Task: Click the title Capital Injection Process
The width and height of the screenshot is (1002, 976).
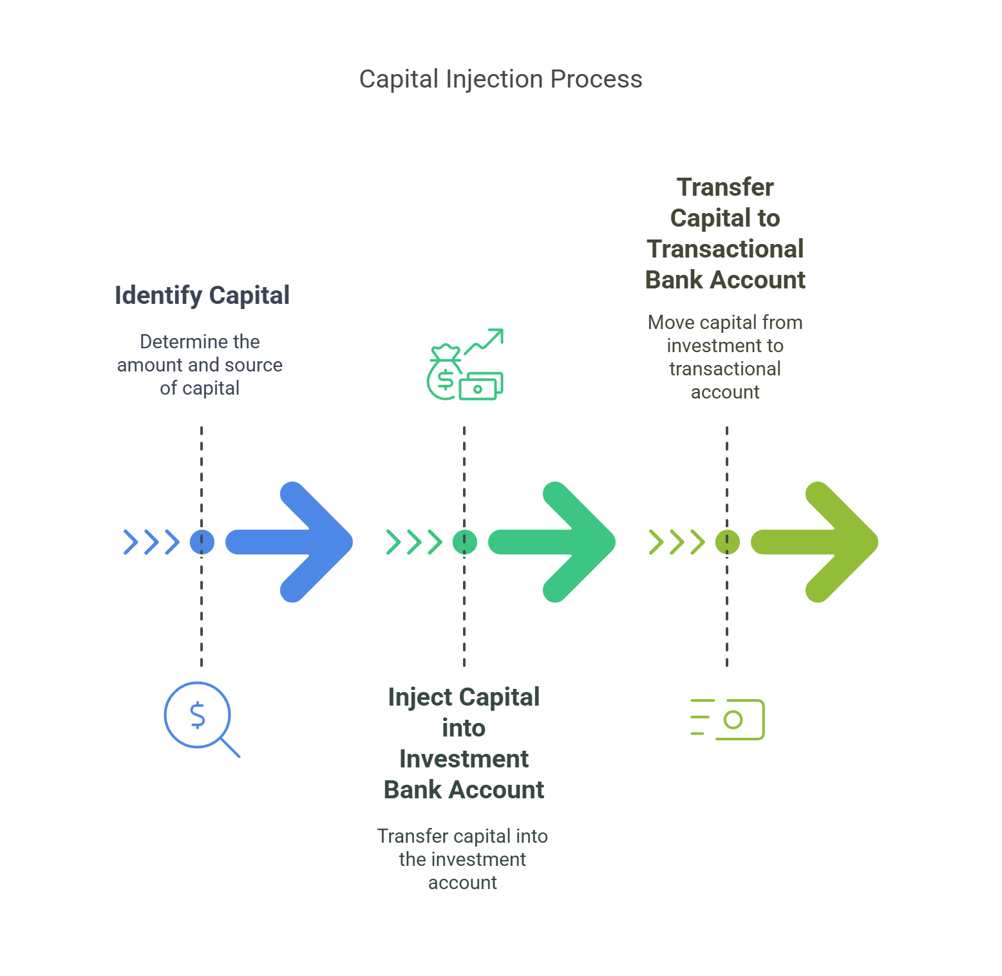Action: click(x=500, y=79)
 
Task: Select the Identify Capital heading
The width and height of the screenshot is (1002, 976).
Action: click(x=202, y=296)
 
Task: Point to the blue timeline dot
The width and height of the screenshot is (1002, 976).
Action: click(x=202, y=542)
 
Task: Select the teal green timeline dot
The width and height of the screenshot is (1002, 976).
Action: click(x=464, y=542)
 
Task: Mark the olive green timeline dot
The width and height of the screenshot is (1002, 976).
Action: click(x=727, y=542)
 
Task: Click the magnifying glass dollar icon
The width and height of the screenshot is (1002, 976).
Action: click(x=200, y=717)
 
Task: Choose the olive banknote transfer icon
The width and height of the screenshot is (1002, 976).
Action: click(x=728, y=719)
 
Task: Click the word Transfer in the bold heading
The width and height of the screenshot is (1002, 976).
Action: click(x=725, y=187)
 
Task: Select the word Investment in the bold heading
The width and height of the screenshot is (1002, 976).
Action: click(x=464, y=759)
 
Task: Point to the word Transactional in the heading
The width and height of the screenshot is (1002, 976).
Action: click(x=725, y=249)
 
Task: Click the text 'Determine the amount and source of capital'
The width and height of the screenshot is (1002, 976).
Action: click(x=200, y=365)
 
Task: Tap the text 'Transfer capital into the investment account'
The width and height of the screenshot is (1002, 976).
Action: click(x=462, y=859)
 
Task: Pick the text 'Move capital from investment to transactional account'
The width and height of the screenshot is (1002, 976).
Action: click(x=725, y=357)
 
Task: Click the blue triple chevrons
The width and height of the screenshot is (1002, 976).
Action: click(x=151, y=542)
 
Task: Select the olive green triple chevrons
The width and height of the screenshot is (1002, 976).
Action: click(x=677, y=542)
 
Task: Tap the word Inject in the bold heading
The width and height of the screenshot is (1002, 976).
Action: click(x=421, y=697)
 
